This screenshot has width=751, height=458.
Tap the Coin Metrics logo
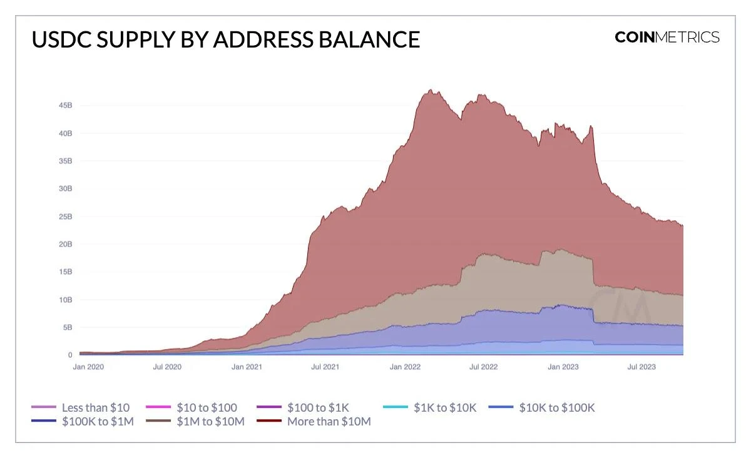[667, 37]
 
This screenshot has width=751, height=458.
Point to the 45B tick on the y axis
[66, 106]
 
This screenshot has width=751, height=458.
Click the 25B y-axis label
[66, 216]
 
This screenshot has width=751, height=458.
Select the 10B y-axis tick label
[66, 300]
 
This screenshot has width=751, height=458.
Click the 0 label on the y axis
[70, 355]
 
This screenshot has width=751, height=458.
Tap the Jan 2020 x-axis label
[88, 367]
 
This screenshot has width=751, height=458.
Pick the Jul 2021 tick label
[325, 367]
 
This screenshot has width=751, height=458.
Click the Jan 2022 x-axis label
[404, 367]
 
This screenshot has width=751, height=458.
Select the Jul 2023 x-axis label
[641, 367]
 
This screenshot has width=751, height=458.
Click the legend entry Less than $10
[95, 408]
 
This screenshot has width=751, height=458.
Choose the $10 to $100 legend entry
[207, 408]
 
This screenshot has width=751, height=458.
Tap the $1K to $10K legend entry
[445, 408]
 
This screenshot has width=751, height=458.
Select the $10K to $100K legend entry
[556, 408]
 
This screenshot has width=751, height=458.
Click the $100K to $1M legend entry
[98, 422]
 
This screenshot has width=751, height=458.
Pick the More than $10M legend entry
[329, 422]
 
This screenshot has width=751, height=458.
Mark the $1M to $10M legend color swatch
[158, 422]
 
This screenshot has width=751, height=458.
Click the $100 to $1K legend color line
[269, 408]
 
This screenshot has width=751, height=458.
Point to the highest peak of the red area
[431, 90]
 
